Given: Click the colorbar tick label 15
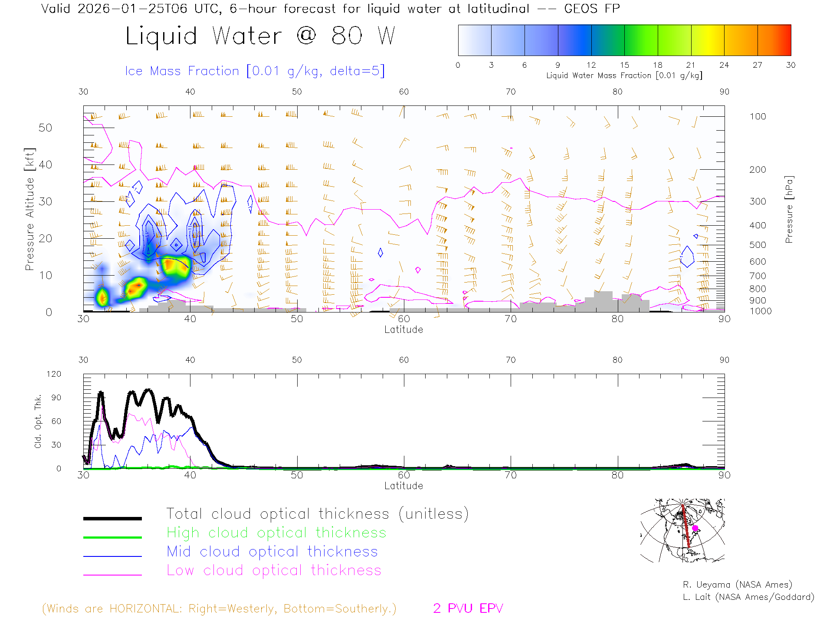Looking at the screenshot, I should [x=624, y=65].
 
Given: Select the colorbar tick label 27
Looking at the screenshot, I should [x=758, y=65].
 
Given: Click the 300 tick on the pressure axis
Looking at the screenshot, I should [x=758, y=201].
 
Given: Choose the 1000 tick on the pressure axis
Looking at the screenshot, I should [x=760, y=311].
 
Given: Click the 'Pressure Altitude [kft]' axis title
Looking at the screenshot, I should [x=30, y=209].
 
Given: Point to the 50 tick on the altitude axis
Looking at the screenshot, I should [x=45, y=128].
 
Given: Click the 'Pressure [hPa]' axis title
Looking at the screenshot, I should [x=789, y=209].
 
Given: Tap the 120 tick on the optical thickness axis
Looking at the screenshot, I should [x=54, y=374].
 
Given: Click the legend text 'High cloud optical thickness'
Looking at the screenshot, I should [x=276, y=533].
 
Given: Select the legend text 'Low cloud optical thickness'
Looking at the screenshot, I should [x=274, y=570].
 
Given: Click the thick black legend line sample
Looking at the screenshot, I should [x=112, y=518].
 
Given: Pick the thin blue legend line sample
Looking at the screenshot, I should [x=112, y=556].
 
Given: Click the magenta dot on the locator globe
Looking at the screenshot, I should [x=695, y=528].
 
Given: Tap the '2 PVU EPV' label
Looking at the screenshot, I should [x=468, y=609].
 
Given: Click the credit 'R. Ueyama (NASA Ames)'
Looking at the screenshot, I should [x=737, y=585].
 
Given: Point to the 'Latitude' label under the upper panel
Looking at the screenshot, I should [x=403, y=330].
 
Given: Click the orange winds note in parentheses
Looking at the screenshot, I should [x=219, y=609].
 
